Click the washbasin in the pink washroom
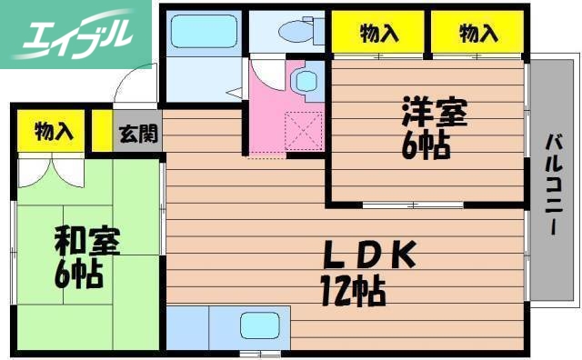click(x=303, y=82)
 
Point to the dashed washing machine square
click(x=302, y=127)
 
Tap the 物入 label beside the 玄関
click(x=53, y=131)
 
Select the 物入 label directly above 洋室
click(x=378, y=35)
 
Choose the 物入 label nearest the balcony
click(x=478, y=35)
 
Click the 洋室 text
click(x=434, y=115)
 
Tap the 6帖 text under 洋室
click(x=427, y=145)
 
